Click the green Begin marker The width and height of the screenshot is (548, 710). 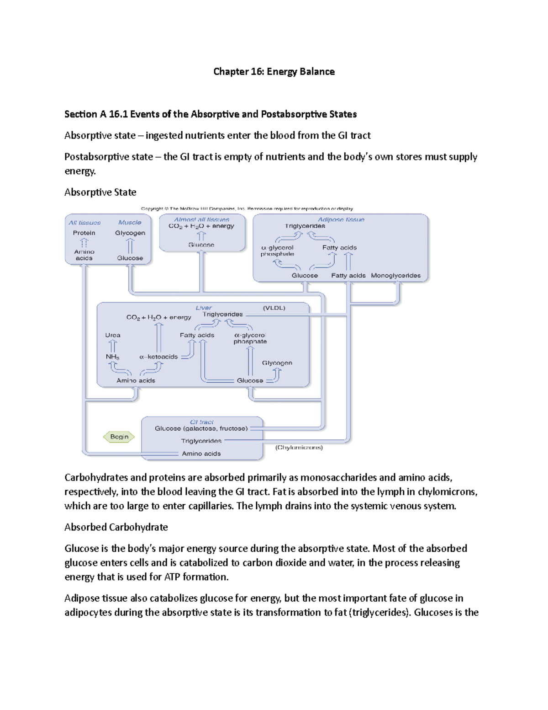click(119, 437)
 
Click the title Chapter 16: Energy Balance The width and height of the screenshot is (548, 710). click(274, 71)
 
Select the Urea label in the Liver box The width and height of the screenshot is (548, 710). click(113, 335)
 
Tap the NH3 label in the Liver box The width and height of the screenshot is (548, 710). click(112, 357)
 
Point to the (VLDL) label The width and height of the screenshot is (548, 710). click(274, 308)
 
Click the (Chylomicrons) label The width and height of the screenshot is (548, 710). click(299, 448)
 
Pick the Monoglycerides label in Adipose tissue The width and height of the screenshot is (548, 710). click(395, 275)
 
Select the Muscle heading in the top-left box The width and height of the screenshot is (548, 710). click(130, 222)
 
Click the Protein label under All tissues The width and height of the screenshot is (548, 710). click(84, 233)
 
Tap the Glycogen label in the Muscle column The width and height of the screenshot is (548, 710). click(130, 233)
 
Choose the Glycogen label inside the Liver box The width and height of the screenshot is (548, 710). click(277, 363)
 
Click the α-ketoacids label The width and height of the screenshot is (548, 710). click(158, 357)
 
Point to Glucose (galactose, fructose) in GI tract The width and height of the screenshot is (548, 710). click(201, 428)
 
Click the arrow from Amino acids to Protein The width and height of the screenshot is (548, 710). click(84, 243)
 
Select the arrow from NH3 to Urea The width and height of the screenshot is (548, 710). click(113, 346)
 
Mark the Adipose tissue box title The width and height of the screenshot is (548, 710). click(341, 219)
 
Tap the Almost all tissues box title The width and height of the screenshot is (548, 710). click(201, 219)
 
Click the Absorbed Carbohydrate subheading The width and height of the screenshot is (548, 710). click(116, 527)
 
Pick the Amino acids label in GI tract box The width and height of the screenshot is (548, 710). click(201, 454)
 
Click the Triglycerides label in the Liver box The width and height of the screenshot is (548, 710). click(223, 314)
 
